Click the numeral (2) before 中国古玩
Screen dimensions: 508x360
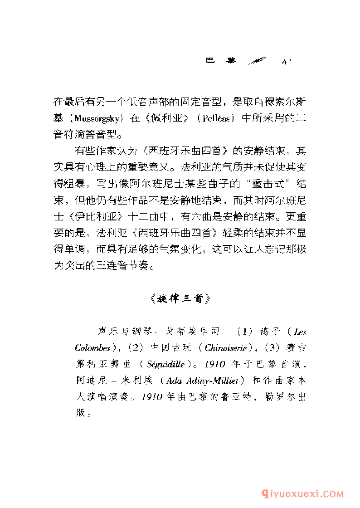tap(134, 348)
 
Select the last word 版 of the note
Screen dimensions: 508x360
tap(81, 413)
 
